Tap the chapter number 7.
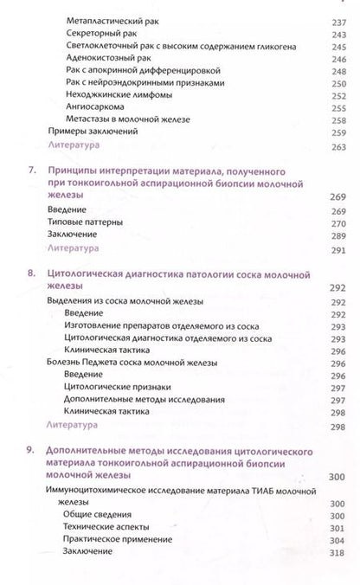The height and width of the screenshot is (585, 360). (x=32, y=172)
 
